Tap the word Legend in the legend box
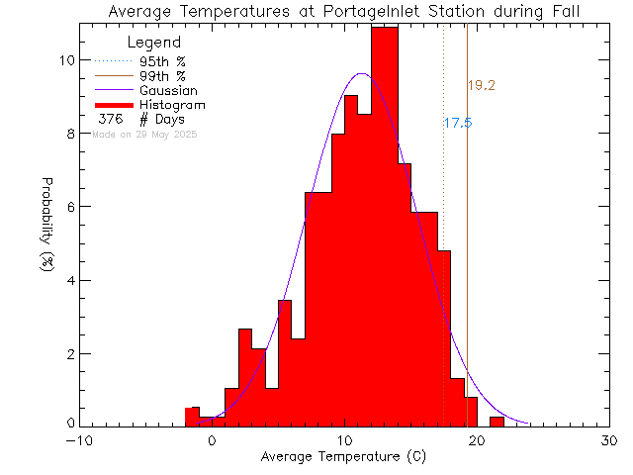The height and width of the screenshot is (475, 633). coord(154,43)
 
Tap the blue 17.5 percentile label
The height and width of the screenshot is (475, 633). coord(457,124)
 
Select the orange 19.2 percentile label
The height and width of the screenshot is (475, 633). coord(482,86)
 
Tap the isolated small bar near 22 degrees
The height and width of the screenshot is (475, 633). coord(497,422)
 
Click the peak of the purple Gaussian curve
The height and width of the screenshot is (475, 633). coord(362,74)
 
